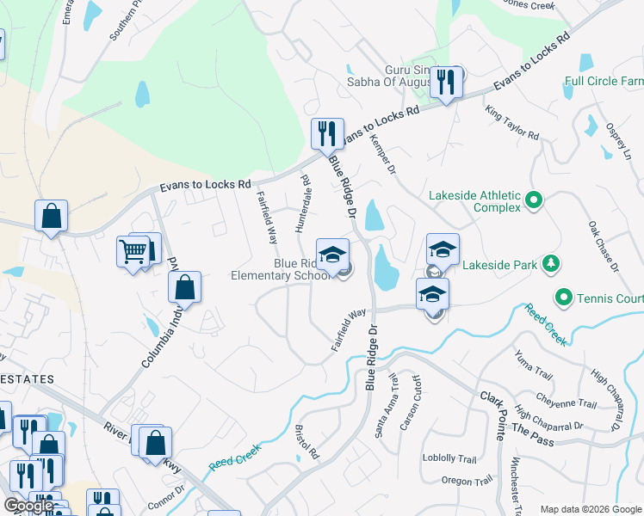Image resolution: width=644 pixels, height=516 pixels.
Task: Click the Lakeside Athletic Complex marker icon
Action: click(534, 201)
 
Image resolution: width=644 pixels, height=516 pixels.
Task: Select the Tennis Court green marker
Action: click(565, 298)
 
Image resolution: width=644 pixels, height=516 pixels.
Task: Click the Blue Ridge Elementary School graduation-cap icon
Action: click(332, 255)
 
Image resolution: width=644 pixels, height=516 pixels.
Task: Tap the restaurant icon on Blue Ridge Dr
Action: click(326, 133)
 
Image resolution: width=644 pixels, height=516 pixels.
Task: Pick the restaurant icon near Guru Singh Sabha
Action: click(446, 82)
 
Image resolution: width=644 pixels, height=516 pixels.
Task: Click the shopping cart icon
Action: click(133, 252)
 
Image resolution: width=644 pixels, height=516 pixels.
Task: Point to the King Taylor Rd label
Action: click(511, 124)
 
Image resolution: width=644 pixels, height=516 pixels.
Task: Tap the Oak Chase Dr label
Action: click(604, 246)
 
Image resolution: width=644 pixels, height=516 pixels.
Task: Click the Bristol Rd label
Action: click(307, 440)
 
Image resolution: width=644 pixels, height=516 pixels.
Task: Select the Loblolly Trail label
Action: click(449, 458)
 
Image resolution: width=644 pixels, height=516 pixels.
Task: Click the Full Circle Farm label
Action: click(604, 82)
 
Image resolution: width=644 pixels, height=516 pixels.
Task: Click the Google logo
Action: click(28, 506)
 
